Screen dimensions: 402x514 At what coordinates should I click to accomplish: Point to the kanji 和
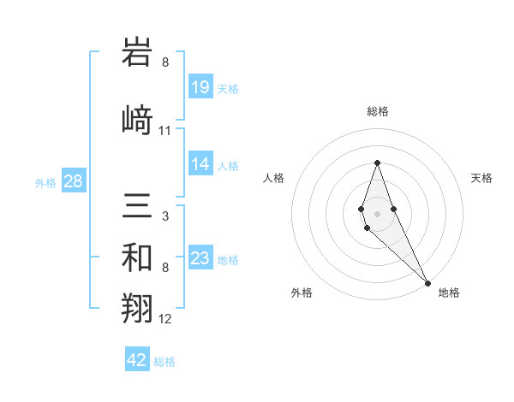pyautogui.click(x=139, y=257)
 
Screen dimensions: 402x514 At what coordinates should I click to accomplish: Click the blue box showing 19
pyautogui.click(x=200, y=87)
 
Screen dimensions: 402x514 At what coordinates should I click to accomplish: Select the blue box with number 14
pyautogui.click(x=200, y=164)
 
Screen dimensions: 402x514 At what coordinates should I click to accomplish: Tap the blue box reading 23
pyautogui.click(x=200, y=258)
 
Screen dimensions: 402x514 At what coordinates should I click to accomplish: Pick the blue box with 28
pyautogui.click(x=73, y=181)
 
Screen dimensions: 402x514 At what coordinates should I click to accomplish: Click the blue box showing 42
pyautogui.click(x=137, y=360)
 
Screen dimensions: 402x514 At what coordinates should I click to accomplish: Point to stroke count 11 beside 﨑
pyautogui.click(x=165, y=131)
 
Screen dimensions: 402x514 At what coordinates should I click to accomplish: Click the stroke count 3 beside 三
pyautogui.click(x=165, y=216)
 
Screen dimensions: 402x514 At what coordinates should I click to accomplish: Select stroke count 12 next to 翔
pyautogui.click(x=165, y=320)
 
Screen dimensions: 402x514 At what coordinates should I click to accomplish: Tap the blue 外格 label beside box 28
pyautogui.click(x=45, y=182)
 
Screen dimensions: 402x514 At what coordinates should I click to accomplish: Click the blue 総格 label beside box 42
pyautogui.click(x=164, y=362)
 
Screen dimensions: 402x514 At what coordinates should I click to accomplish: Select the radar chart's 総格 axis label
pyautogui.click(x=377, y=111)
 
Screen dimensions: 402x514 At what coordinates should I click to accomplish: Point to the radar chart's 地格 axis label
pyautogui.click(x=449, y=293)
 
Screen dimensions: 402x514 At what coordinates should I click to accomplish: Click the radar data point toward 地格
pyautogui.click(x=427, y=283)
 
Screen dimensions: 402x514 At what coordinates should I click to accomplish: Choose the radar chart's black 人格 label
pyautogui.click(x=274, y=178)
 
